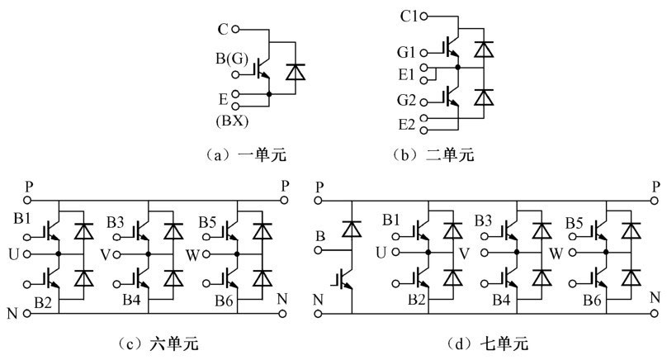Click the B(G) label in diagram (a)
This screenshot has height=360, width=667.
(x=220, y=59)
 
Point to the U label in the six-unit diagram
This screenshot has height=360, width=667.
(x=12, y=253)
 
